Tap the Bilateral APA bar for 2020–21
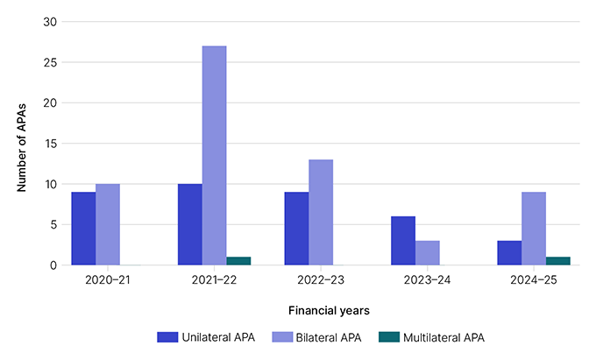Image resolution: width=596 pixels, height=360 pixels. [x=108, y=224]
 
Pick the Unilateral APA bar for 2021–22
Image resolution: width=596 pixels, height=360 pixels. [x=189, y=224]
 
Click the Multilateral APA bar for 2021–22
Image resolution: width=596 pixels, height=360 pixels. [x=238, y=261]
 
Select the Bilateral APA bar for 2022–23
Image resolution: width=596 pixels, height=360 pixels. [x=321, y=212]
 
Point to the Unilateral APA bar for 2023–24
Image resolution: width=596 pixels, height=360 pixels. [x=403, y=241]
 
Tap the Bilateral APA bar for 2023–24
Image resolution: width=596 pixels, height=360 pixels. [x=428, y=253]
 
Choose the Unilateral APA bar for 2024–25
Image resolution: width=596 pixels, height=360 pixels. [x=509, y=253]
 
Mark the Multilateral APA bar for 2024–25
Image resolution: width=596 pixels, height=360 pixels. [x=558, y=261]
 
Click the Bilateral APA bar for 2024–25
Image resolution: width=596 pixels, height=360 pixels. [x=534, y=229]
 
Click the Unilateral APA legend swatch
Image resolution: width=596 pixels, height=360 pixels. [x=167, y=336]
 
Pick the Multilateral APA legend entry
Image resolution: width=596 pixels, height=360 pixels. [x=431, y=336]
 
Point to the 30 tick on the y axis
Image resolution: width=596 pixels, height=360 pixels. [x=51, y=22]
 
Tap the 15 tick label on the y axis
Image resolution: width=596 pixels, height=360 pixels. [x=51, y=144]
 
